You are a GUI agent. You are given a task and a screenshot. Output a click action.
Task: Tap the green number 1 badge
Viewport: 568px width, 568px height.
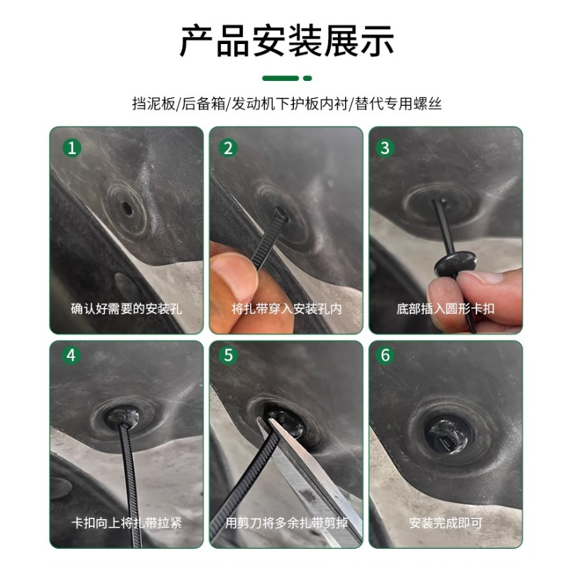click(x=70, y=148)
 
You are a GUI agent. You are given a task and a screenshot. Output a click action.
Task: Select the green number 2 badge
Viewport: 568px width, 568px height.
click(x=229, y=148)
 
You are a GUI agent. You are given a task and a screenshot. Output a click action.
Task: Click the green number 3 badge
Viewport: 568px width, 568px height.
click(x=386, y=148)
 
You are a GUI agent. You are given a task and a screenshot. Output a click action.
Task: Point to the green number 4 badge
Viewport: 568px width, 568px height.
click(x=70, y=355)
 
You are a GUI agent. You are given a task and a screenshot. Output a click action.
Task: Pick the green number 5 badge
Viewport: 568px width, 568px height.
click(x=229, y=355)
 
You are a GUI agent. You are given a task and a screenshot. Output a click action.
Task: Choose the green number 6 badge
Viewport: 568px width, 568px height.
click(x=386, y=355)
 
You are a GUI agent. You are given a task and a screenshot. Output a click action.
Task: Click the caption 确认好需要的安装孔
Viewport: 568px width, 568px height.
click(x=126, y=309)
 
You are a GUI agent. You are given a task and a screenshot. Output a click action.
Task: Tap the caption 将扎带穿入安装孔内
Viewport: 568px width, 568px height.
click(x=286, y=309)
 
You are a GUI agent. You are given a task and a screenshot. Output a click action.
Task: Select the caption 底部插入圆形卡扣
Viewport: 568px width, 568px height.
click(x=445, y=309)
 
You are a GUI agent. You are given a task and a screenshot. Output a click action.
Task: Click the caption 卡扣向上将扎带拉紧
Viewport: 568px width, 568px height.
click(x=126, y=523)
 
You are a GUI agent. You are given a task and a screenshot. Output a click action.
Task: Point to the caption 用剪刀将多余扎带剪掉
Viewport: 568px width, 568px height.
click(x=286, y=523)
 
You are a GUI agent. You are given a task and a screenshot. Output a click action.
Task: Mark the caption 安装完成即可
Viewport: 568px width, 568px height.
click(x=445, y=523)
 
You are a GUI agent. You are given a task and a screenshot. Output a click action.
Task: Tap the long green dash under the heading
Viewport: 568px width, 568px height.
click(x=280, y=78)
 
